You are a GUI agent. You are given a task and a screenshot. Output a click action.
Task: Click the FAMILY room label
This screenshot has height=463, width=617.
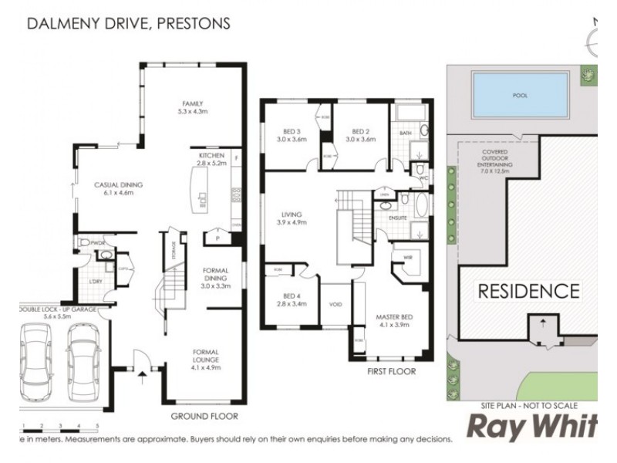tap(191, 108)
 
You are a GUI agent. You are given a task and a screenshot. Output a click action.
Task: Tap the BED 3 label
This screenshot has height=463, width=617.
tap(292, 135)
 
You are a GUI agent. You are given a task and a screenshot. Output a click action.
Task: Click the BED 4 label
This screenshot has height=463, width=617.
tap(292, 299)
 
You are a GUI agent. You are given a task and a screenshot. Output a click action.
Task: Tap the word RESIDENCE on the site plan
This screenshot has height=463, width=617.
tap(528, 291)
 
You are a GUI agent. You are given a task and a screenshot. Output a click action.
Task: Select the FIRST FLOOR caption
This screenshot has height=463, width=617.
tap(391, 371)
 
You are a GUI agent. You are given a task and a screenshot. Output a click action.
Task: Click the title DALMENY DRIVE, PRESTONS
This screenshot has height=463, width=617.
tap(129, 23)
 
